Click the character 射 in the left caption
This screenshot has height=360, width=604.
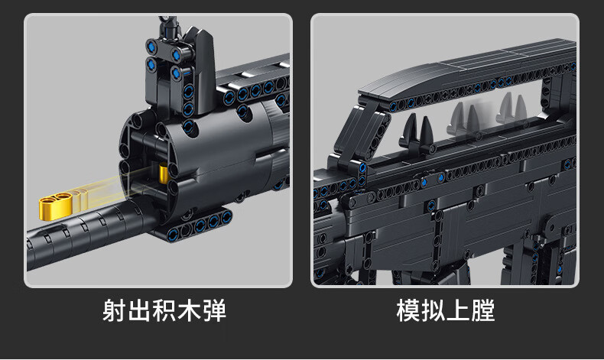click(x=115, y=311)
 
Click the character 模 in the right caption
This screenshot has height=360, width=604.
click(x=409, y=311)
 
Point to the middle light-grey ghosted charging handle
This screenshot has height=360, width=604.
click(x=463, y=116)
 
